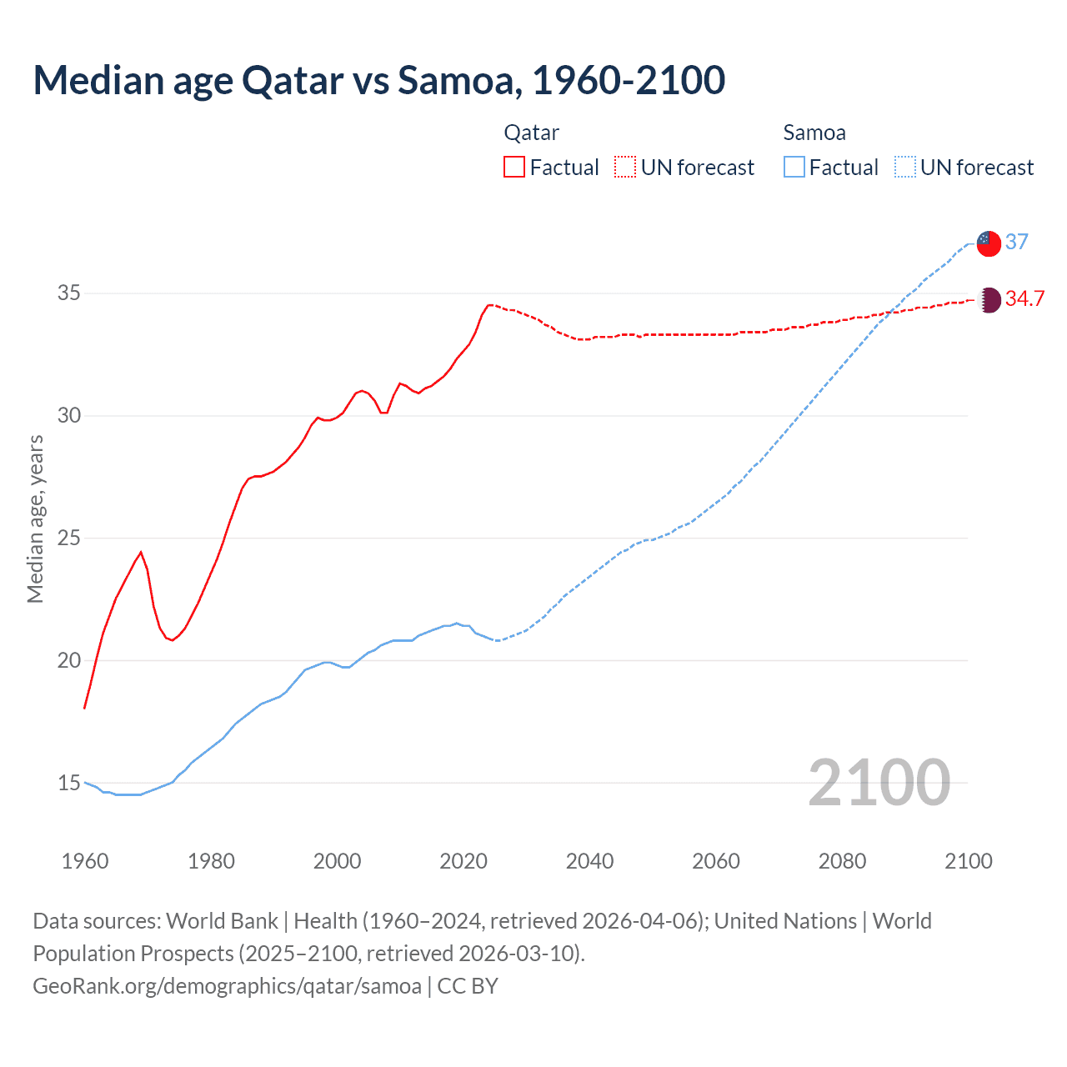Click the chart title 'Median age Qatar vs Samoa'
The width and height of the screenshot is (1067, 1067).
378,80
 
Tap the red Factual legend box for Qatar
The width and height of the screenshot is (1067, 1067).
514,168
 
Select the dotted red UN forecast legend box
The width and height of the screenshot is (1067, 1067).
625,168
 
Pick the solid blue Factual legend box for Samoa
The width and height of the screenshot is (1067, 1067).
794,168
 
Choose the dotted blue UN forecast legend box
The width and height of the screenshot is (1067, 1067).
904,168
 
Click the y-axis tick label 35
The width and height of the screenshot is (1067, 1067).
69,293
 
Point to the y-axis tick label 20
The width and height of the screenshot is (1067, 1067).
69,660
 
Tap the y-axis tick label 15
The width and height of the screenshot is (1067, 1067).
69,783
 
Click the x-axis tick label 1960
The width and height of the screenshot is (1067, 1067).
85,861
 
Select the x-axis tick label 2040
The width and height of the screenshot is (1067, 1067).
589,861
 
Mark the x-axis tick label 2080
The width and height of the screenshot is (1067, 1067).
842,861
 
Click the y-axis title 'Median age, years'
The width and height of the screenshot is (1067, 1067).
35,518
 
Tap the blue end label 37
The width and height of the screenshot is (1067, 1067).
1016,242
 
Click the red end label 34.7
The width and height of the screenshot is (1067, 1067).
1024,298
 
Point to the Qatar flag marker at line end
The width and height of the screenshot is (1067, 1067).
989,300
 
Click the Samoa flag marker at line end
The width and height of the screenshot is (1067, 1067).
989,243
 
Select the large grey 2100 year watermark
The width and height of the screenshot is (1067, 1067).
879,783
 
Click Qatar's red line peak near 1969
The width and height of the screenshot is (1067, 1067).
141,552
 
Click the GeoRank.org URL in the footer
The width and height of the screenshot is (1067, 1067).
227,986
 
